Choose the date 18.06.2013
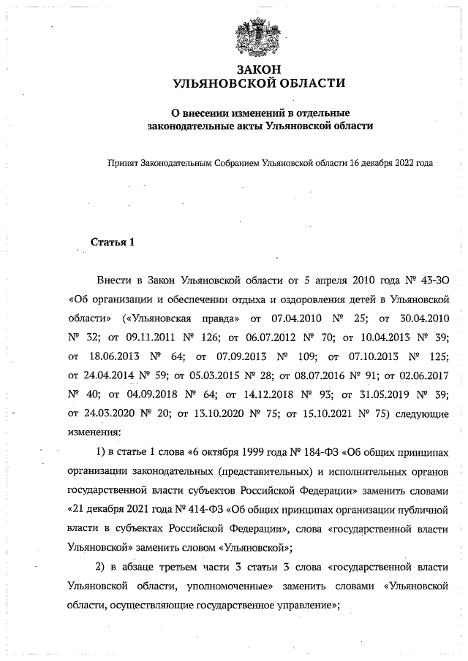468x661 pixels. click(115, 356)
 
